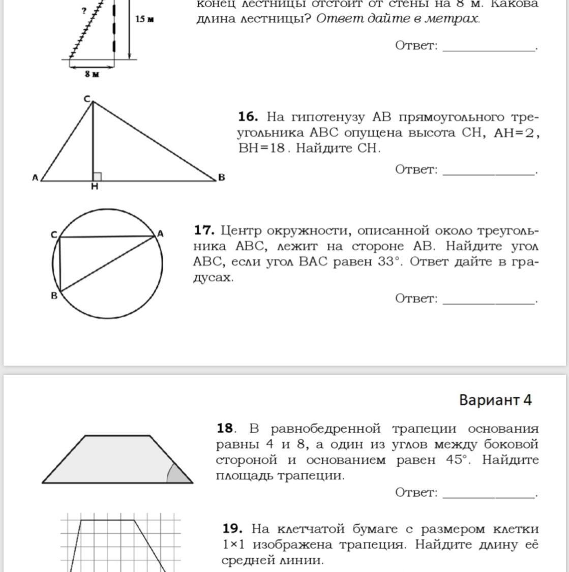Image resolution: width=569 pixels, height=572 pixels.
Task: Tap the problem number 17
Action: coord(204,230)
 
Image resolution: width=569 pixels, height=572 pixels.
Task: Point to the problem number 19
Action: coord(232,529)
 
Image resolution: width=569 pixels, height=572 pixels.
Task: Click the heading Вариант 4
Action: coord(495,400)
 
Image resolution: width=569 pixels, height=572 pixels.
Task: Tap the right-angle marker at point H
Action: coord(97,176)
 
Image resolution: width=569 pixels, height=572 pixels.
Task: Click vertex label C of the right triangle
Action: coord(87,99)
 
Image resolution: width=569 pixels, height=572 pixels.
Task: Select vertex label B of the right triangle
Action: coord(221,177)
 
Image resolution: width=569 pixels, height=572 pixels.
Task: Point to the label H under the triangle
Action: coord(95,187)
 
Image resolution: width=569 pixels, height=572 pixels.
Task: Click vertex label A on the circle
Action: coord(160,233)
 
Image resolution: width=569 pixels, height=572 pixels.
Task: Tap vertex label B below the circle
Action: coord(54,295)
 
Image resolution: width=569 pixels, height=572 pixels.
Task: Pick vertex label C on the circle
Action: coord(53,234)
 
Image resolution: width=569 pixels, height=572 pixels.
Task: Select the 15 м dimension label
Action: coord(144,19)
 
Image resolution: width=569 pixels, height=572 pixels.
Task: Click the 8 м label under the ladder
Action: coord(92,74)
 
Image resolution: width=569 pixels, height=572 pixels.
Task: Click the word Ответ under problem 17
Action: coord(416,298)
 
